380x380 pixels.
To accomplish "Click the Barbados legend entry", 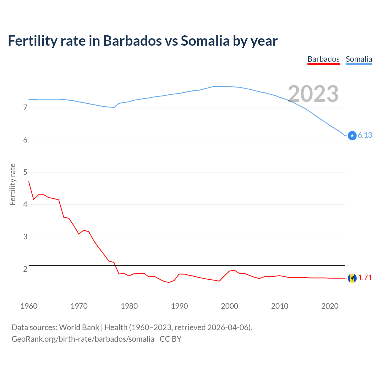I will pos(323,59).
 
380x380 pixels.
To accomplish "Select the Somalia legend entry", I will pos(359,59).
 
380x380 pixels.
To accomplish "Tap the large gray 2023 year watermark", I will pos(313,94).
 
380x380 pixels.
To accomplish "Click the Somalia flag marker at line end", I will pos(352,135).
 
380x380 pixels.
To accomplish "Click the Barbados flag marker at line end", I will pos(352,278).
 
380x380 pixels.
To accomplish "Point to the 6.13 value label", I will pos(365,135).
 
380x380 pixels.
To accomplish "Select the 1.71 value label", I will pos(365,278).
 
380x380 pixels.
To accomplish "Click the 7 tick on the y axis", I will pos(25,108).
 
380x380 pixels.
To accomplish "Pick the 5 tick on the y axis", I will pos(25,172).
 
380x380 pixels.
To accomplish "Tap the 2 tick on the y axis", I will pos(25,269).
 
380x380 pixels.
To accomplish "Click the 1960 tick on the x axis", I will pos(29,306).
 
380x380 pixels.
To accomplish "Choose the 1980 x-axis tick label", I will pos(129,306).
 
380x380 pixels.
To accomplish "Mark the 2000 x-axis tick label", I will pos(229,306).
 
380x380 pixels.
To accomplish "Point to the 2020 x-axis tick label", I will pos(330,306).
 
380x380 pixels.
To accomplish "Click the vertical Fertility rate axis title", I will pos(12,184).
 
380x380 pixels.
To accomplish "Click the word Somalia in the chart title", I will pos(205,41).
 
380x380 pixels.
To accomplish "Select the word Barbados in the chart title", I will pos(132,41).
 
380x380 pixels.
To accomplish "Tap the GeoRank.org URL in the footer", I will pos(83,339).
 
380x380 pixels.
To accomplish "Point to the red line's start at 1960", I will pos(29,182).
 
